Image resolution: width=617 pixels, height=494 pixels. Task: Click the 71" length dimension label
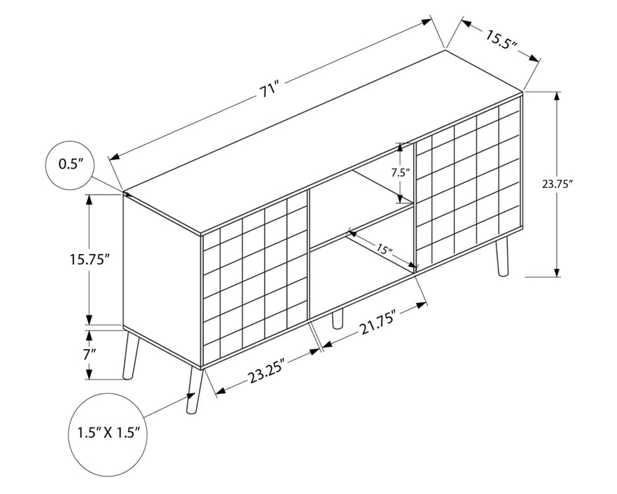tap(269, 90)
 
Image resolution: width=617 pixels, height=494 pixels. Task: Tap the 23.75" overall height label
tap(557, 184)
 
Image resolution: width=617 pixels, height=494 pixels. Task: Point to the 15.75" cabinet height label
tap(89, 259)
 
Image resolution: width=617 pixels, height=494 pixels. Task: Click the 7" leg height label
tap(90, 354)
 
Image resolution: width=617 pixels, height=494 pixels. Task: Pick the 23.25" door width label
tap(267, 373)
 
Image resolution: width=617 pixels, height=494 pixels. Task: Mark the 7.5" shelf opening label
tap(401, 172)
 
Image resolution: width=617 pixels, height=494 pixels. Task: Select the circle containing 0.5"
tap(69, 164)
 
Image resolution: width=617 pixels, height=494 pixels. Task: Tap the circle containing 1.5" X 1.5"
tap(109, 433)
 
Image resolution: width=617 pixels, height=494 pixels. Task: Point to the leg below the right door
tap(501, 256)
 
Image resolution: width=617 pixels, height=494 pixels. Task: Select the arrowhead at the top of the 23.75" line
tap(557, 97)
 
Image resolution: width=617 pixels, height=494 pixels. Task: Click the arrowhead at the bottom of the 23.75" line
tap(557, 272)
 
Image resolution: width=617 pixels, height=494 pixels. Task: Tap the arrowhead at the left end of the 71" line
tap(114, 157)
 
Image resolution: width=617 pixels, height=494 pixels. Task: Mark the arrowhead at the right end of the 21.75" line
tap(422, 304)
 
